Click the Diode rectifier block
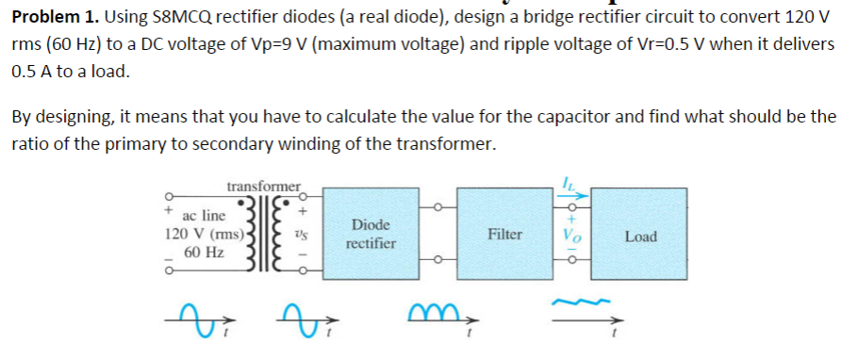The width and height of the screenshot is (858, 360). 371,235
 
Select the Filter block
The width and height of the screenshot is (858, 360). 505,234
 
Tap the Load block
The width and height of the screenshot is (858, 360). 640,236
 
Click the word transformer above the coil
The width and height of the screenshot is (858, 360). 264,186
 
